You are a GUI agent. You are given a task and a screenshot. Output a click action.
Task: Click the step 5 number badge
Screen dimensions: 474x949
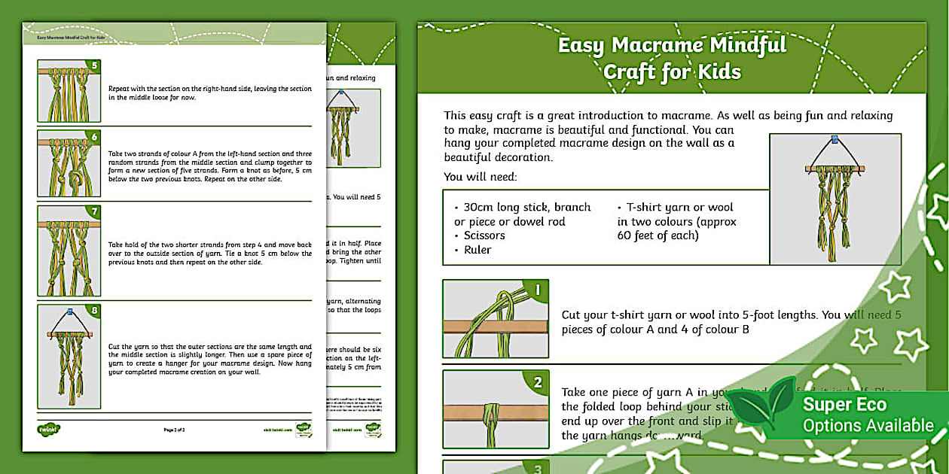click(x=94, y=65)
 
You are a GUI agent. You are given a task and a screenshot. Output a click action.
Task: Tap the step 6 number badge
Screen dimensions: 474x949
click(x=94, y=137)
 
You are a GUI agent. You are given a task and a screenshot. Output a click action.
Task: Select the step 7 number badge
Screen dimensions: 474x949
click(x=94, y=212)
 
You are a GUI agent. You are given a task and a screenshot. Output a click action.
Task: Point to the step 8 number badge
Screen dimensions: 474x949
click(x=94, y=310)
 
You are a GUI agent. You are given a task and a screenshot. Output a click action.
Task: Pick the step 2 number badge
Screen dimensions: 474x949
click(x=537, y=382)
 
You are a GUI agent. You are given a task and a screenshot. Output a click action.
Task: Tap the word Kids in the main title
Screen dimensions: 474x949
click(x=716, y=72)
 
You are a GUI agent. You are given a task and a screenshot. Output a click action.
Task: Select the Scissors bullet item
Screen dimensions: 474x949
click(x=484, y=235)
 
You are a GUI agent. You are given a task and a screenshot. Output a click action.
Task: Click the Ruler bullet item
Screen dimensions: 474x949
click(x=478, y=250)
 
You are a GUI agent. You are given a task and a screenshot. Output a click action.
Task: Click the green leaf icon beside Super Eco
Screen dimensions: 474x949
click(x=762, y=407)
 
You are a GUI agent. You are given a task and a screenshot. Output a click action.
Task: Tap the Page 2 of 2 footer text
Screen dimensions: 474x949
click(x=174, y=430)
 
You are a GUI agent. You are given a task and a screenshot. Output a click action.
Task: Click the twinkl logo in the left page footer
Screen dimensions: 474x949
click(x=49, y=430)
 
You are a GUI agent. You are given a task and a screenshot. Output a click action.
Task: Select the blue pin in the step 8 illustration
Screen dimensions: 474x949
click(x=69, y=311)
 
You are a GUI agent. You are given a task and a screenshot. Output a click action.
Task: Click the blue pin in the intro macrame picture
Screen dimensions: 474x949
click(x=835, y=140)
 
